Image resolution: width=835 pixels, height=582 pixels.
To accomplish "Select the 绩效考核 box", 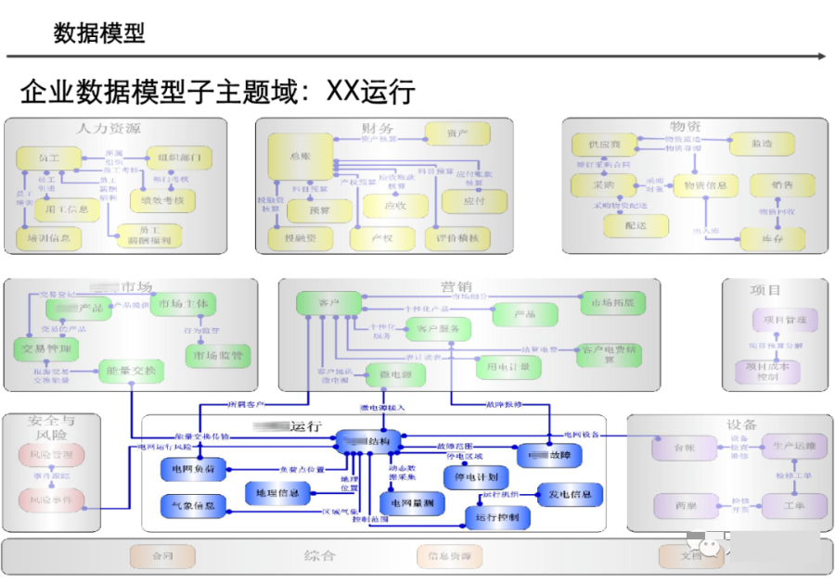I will tap(162, 199).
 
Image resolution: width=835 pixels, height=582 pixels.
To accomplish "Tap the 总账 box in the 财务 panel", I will tap(300, 157).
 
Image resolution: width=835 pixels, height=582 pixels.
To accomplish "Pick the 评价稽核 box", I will tap(456, 238).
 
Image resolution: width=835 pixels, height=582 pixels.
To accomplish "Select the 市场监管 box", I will tap(217, 355).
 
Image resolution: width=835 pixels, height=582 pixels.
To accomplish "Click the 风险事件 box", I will tap(52, 499).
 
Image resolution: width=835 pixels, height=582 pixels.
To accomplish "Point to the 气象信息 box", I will tap(193, 506).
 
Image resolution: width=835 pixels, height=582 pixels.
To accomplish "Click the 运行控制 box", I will tap(503, 516).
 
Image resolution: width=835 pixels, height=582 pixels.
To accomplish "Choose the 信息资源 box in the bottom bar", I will tap(449, 556).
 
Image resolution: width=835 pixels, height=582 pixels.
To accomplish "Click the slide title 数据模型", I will tap(99, 34).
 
